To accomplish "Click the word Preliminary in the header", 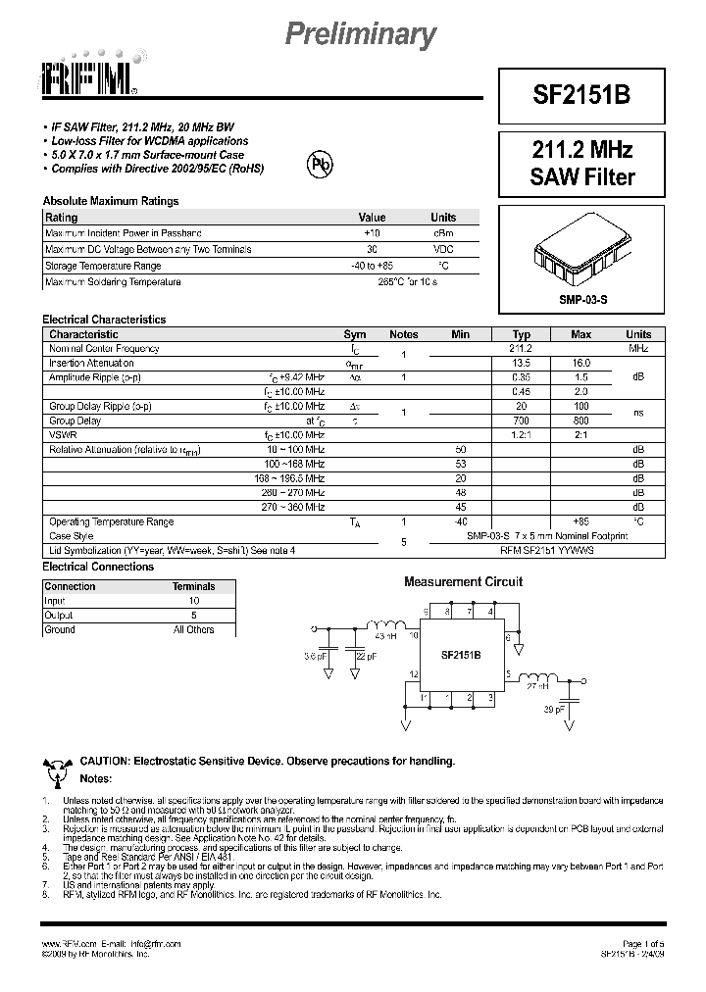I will click(359, 35).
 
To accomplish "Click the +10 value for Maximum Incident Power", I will click(372, 233).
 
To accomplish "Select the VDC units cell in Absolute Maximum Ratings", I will click(443, 250).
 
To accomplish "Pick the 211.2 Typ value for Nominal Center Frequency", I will click(521, 349).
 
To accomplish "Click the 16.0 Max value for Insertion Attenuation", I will click(580, 363).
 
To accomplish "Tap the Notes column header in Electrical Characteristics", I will click(403, 334).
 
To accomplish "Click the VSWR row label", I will click(61, 435).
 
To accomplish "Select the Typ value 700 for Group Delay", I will click(521, 421).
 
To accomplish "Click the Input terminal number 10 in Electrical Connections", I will click(193, 600).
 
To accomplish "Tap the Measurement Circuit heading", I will click(464, 581).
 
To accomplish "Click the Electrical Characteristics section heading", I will click(104, 320).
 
